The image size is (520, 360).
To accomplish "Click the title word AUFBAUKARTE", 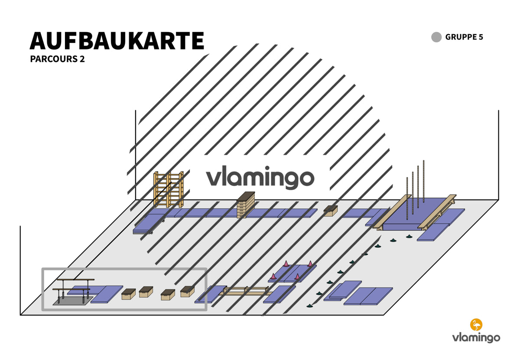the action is point(117,41).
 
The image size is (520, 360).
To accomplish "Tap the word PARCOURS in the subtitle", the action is point(54,59).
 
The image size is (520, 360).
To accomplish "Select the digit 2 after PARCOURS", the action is point(82,59).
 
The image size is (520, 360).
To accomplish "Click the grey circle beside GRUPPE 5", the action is point(436,37).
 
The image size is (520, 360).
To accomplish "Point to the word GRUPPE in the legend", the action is point(461,37).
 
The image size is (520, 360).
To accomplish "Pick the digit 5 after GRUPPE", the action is point(481,37).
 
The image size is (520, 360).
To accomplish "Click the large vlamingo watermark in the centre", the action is point(260,178).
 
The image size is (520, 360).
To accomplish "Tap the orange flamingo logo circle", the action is point(476,324).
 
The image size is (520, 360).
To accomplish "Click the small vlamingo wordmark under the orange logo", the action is point(476,338).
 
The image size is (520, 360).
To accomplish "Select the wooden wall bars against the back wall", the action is point(169,189).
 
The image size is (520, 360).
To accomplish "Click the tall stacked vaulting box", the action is point(246,205).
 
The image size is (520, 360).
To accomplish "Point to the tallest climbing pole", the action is point(423,181).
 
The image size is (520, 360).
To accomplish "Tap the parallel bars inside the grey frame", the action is point(73,290).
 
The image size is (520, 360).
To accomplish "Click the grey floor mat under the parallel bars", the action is point(73,301).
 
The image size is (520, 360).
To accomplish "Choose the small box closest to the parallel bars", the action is point(128,294).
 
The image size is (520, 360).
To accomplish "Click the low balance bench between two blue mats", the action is point(245,291).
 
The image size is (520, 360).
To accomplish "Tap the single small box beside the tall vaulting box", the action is point(330,211).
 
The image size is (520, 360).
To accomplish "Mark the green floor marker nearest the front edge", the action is point(309,306).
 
